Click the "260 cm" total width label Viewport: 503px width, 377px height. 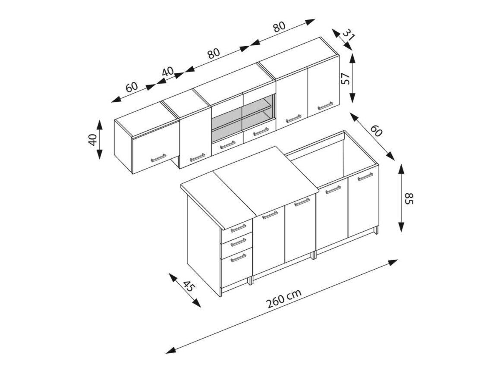283,298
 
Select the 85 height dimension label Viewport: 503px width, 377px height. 409,199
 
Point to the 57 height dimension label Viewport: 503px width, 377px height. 345,79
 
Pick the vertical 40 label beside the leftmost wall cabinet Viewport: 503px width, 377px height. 92,140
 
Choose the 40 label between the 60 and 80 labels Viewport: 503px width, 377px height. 168,72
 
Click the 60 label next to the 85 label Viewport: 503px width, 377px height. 377,131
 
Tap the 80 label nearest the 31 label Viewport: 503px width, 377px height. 279,27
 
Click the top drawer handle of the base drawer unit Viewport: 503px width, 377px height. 238,227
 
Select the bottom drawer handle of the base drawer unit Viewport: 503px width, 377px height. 238,258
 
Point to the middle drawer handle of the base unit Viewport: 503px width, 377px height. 238,242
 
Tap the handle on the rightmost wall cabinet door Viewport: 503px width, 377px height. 325,105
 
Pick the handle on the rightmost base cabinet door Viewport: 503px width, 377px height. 365,176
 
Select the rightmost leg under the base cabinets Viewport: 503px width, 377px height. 376,230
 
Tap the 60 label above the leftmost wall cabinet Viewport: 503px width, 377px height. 132,87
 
